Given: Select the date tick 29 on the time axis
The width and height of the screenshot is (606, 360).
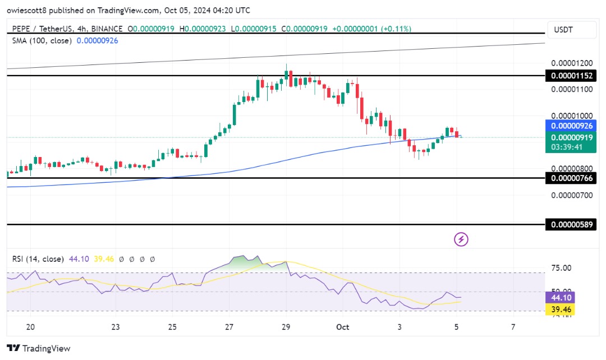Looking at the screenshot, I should [286, 327].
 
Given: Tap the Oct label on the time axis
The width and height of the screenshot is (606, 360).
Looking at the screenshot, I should [342, 327].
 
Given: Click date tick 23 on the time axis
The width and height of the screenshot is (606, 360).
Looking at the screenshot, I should [116, 327].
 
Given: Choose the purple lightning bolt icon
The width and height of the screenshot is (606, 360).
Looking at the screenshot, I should [461, 239].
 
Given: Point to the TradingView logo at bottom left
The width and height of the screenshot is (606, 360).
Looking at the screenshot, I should [39, 348].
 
